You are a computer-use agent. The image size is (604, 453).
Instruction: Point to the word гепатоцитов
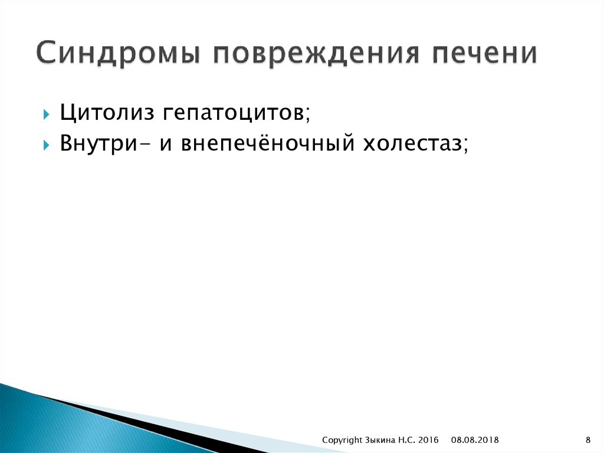(230, 113)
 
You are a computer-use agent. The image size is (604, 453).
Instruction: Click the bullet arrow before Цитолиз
(47, 113)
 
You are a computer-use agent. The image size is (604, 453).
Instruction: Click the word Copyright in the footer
(342, 440)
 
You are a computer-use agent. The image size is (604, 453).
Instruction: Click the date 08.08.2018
(475, 440)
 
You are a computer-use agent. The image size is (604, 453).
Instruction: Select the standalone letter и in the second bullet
(165, 144)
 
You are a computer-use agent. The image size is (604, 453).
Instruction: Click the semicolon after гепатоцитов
(307, 116)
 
